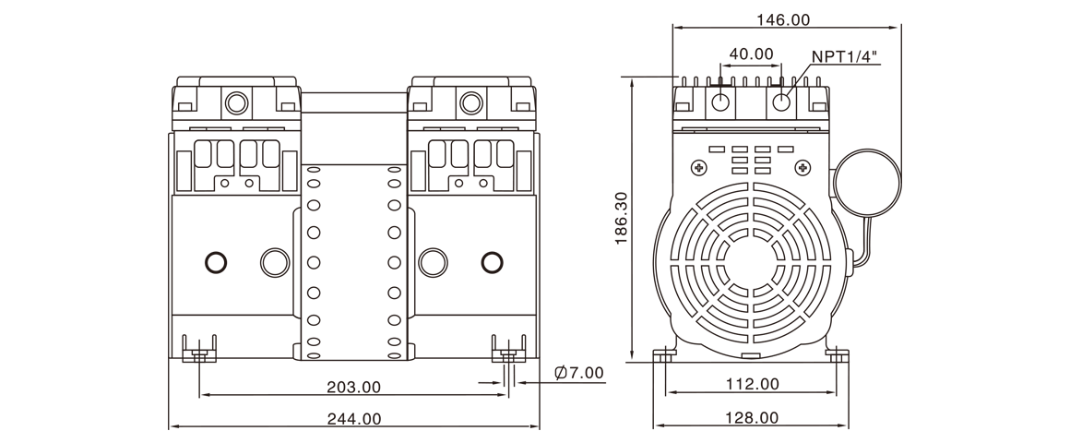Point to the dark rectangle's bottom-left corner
169,428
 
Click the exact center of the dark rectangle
535,221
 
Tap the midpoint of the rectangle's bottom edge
535,428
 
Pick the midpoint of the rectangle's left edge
169,221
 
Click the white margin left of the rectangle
83,221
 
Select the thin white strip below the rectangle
535,437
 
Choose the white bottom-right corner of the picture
1066,439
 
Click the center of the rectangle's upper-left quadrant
351,118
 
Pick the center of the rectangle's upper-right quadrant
718,118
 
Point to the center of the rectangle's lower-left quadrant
351,325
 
